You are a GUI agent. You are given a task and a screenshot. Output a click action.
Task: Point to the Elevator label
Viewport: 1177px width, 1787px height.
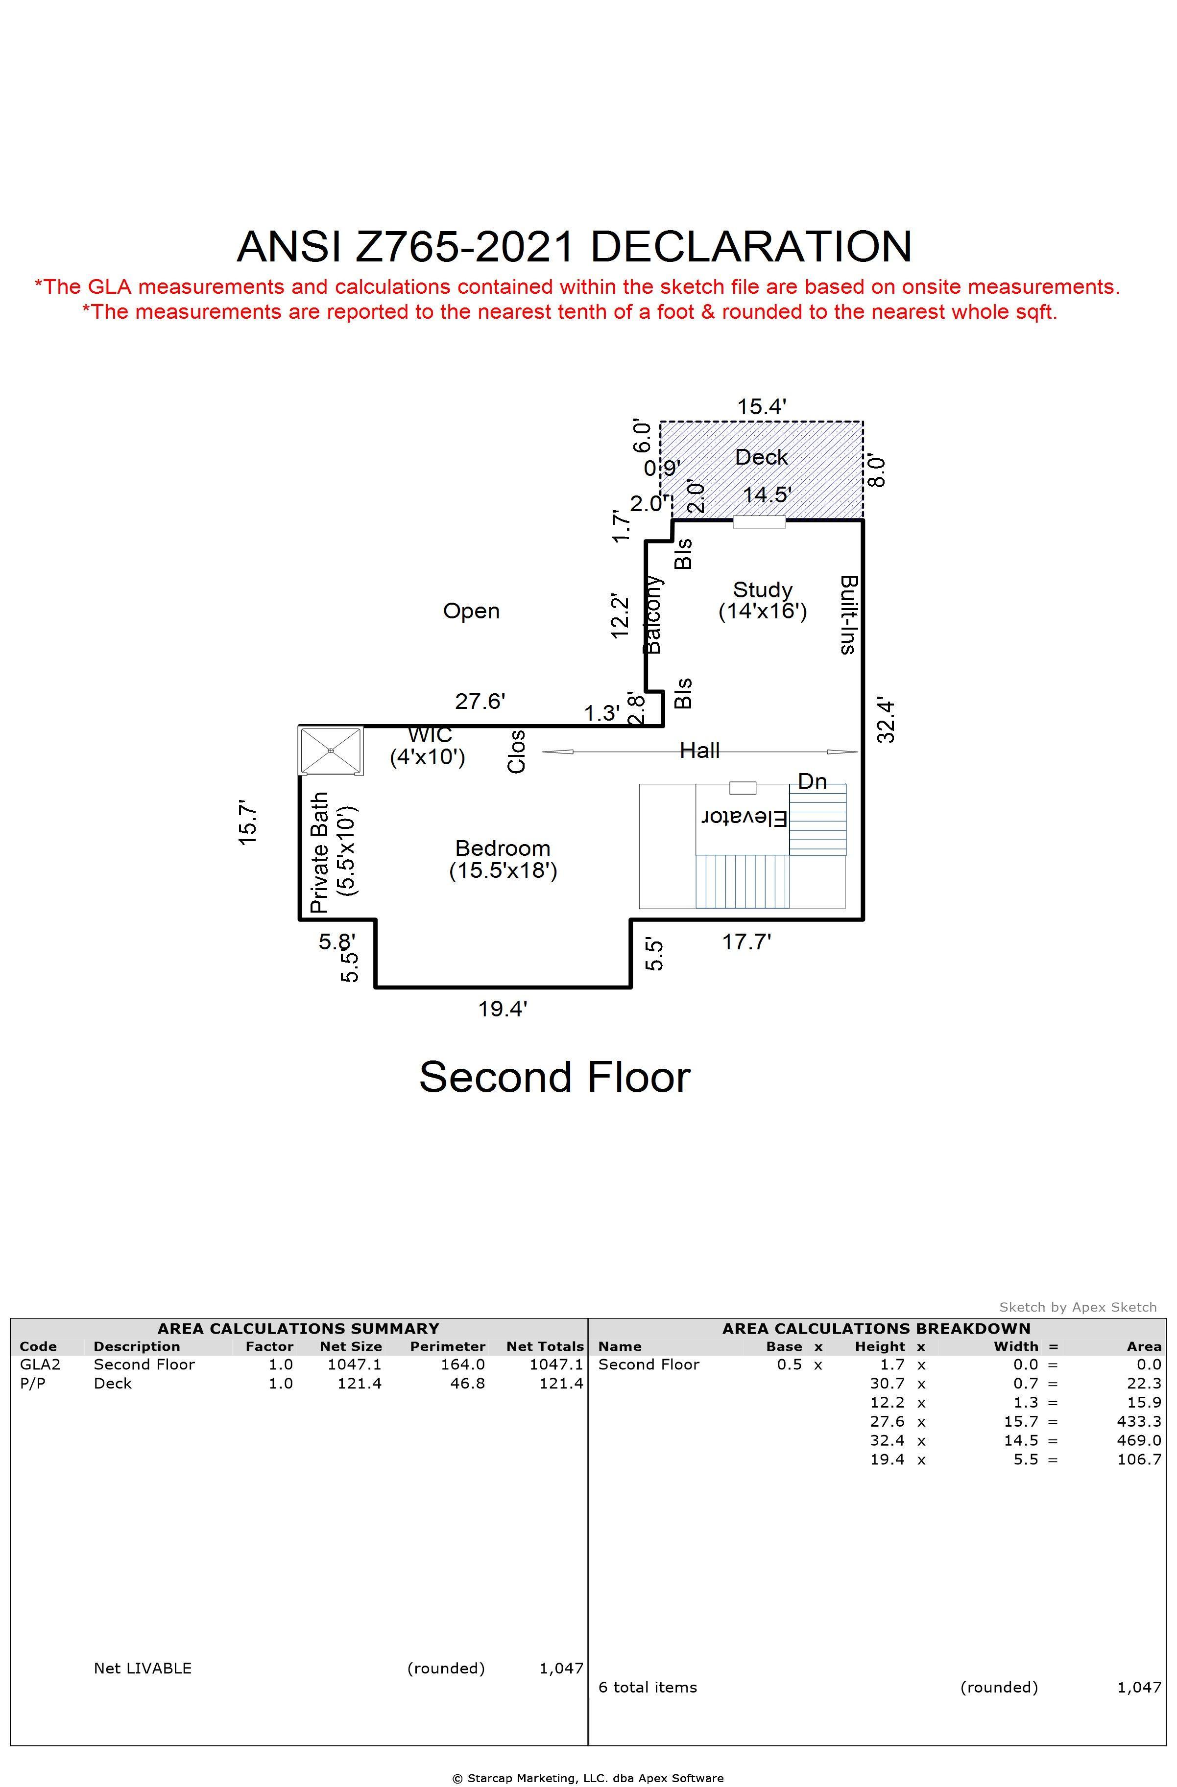point(744,818)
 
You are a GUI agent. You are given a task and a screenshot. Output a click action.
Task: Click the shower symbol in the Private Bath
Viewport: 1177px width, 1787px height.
point(331,750)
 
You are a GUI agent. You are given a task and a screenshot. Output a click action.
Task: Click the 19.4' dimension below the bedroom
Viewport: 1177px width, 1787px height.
point(503,1009)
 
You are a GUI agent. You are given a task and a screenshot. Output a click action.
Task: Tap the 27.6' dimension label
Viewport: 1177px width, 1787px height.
point(480,701)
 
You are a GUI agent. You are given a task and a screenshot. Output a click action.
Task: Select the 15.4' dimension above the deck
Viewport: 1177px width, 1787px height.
point(761,406)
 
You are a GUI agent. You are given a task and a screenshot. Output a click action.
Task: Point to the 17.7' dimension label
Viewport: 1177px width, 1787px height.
point(746,941)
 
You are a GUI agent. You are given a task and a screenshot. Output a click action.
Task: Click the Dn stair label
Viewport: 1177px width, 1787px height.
point(812,781)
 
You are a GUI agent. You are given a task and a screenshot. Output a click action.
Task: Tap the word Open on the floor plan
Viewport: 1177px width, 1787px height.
point(471,611)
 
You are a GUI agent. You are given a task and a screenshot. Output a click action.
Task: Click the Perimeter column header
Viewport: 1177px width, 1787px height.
point(448,1346)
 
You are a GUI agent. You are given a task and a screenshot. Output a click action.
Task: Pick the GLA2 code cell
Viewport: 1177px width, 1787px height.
point(40,1364)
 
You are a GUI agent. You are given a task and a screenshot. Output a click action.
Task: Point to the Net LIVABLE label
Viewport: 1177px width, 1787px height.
point(143,1669)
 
